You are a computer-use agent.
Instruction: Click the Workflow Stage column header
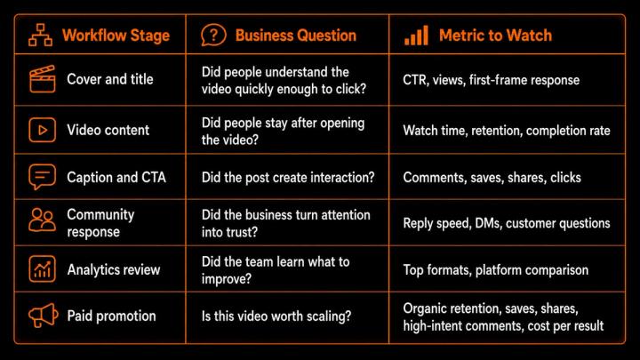pos(116,36)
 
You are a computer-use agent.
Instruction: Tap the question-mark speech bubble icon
pos(213,35)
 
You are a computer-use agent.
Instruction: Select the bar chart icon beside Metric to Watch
pos(416,35)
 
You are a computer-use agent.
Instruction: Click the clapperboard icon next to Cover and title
pos(42,79)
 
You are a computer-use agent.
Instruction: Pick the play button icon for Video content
pos(42,130)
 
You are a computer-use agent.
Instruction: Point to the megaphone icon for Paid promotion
pos(44,315)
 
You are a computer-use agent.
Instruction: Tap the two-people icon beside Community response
pos(42,220)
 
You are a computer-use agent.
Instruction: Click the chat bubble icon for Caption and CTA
pos(42,177)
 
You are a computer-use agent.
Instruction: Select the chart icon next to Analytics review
pos(42,269)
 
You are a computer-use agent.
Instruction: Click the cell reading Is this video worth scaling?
pos(276,316)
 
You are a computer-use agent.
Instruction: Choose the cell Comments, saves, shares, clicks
pos(492,178)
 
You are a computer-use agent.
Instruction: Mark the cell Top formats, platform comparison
pos(495,270)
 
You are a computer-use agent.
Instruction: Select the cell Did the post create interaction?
pos(288,178)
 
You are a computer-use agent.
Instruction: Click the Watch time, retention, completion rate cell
pos(507,131)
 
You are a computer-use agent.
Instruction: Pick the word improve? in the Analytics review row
pos(227,279)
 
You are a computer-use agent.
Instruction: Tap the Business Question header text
pos(295,36)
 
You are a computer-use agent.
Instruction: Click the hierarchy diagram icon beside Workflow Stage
pos(40,35)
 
